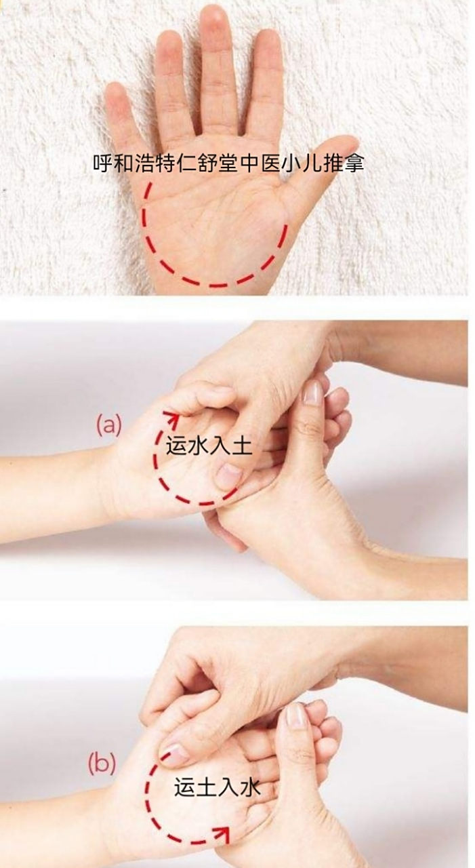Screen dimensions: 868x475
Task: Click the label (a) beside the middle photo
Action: coord(108,425)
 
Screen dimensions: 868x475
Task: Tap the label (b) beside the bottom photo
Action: coord(102,764)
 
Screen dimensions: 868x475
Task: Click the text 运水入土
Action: coord(209,446)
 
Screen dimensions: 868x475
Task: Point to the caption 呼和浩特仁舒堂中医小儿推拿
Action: coord(228,163)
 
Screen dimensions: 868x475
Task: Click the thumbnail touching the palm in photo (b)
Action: coord(173,751)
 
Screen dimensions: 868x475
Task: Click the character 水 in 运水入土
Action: coord(198,446)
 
